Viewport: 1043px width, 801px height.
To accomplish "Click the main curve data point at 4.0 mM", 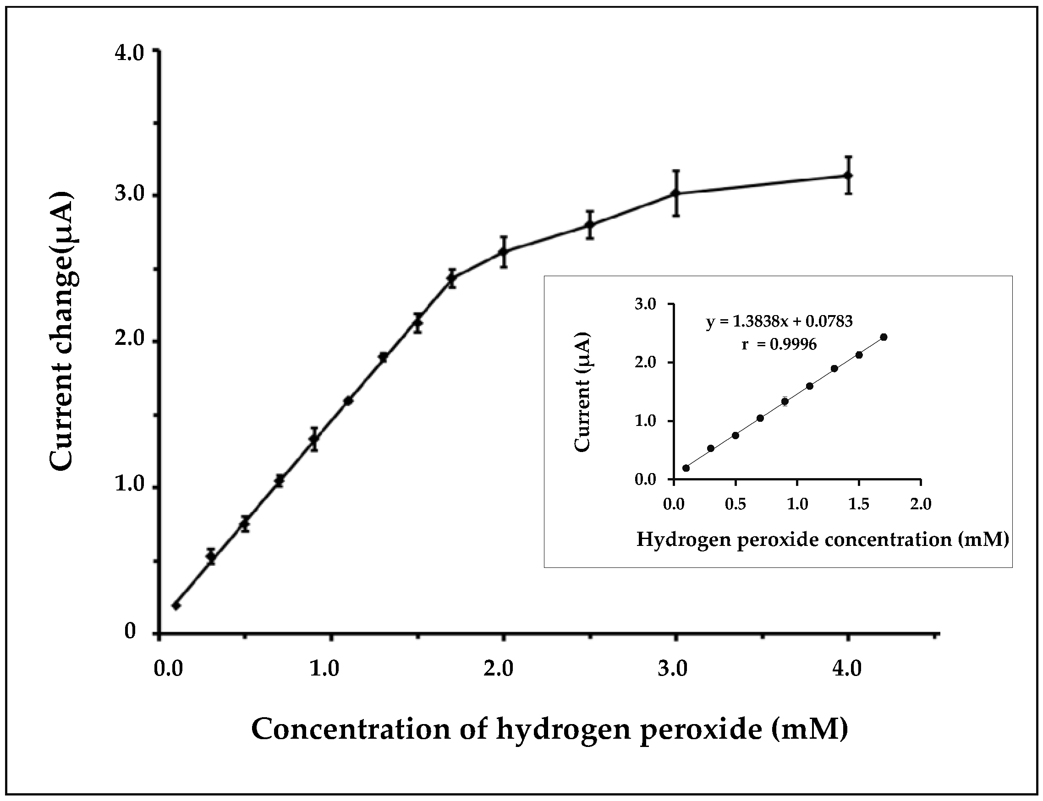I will (x=848, y=175).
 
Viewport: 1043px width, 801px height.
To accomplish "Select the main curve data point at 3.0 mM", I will (x=675, y=193).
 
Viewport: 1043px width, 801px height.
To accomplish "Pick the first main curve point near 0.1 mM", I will (x=176, y=605).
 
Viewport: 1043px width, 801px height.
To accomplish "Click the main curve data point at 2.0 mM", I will (x=503, y=251).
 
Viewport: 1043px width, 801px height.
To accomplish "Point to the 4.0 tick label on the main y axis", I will (x=129, y=53).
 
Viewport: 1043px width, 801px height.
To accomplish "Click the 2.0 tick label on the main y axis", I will (x=129, y=340).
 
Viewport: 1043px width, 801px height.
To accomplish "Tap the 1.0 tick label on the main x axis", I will (x=324, y=669).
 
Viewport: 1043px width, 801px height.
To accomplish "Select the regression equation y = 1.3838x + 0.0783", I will (x=779, y=322).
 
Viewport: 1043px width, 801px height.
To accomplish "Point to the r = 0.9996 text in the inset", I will (x=779, y=344).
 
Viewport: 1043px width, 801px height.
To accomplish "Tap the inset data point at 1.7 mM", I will (x=883, y=337).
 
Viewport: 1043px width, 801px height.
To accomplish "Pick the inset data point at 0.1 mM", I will (x=686, y=468).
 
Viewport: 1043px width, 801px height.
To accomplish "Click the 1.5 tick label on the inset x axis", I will (x=859, y=504).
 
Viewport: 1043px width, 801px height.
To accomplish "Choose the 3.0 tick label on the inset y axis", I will (x=645, y=304).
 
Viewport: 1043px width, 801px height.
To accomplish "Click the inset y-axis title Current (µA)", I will (x=582, y=392).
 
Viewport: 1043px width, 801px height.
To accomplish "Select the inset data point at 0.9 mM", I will (x=785, y=402).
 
